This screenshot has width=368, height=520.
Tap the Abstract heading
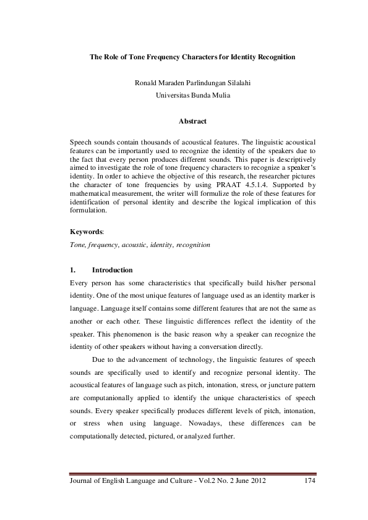pos(192,122)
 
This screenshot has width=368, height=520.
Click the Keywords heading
pos(87,231)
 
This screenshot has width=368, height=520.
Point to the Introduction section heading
pos(112,270)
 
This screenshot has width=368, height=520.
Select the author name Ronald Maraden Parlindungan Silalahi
pos(192,82)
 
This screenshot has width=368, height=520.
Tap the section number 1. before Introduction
pos(75,270)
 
